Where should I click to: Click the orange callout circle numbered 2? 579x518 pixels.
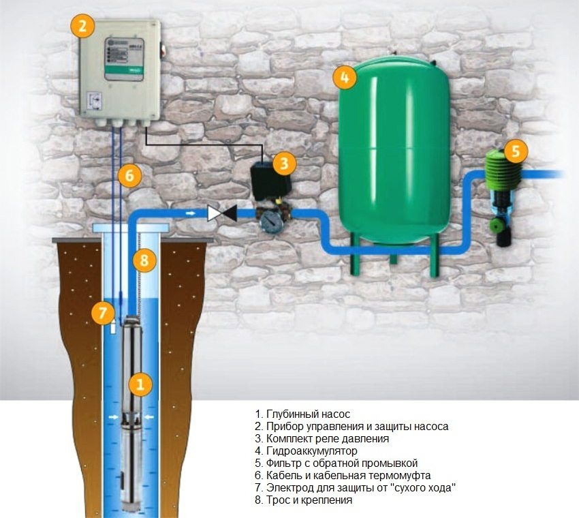tap(82, 27)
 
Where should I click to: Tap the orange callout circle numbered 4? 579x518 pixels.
tap(345, 77)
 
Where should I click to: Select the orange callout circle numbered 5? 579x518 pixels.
tap(516, 151)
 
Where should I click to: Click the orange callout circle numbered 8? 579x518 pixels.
tap(144, 259)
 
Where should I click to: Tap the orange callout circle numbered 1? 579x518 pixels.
tap(140, 384)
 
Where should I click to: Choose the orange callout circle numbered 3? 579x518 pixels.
tap(284, 163)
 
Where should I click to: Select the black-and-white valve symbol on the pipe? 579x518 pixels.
tap(222, 213)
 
